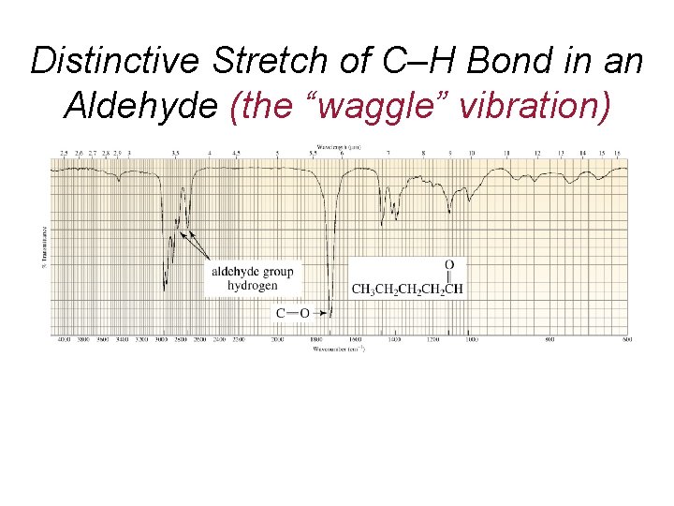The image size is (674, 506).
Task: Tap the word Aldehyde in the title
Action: [x=140, y=106]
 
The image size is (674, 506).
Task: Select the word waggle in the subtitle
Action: [x=372, y=106]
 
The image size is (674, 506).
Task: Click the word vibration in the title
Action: [x=529, y=106]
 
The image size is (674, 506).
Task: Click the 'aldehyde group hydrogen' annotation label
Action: [x=252, y=278]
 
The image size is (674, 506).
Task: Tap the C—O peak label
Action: [x=291, y=312]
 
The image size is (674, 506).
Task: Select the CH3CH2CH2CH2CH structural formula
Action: [x=407, y=288]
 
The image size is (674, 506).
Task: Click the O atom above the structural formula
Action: [x=449, y=265]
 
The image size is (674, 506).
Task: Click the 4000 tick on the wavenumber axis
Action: [x=65, y=339]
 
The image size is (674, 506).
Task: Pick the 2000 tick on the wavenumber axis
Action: [x=277, y=339]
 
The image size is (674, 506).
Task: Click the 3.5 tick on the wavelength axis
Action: [x=176, y=152]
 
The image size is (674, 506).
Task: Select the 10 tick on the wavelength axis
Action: [x=471, y=152]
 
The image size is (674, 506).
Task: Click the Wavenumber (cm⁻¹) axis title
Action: [x=338, y=349]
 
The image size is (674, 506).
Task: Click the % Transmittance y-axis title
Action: [x=44, y=246]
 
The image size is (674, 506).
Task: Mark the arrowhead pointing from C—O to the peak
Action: [x=330, y=312]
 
